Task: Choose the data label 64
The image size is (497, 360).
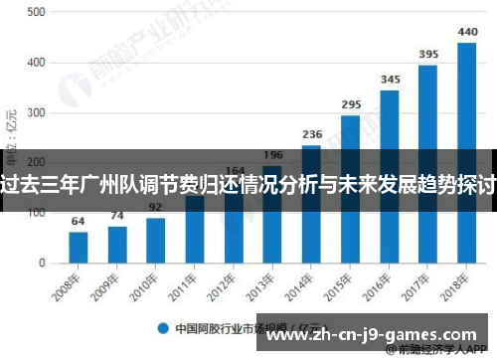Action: tap(79, 220)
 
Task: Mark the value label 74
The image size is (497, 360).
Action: tap(117, 215)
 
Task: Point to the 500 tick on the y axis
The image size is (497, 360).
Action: tap(36, 12)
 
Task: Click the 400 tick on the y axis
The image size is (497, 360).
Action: tap(36, 63)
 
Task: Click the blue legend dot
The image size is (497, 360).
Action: tap(160, 326)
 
